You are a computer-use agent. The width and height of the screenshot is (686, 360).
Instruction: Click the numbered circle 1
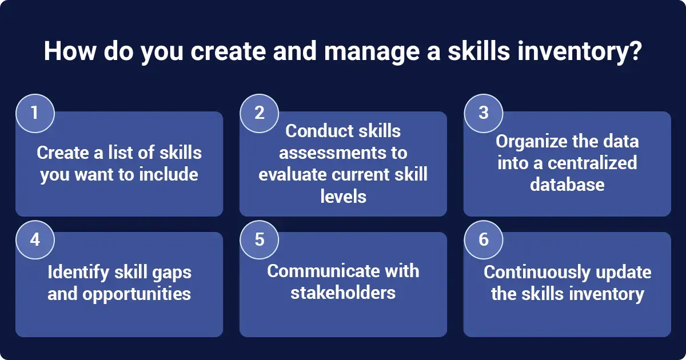35,113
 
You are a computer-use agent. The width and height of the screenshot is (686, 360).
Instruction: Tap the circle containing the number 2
259,113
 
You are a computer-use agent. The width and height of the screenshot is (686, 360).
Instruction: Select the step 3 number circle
483,113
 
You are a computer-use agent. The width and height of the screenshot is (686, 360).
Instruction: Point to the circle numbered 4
35,239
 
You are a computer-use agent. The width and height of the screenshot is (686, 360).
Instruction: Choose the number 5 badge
259,239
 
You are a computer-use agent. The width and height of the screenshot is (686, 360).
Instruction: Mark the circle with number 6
483,239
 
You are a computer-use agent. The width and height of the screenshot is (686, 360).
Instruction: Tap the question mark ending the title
635,51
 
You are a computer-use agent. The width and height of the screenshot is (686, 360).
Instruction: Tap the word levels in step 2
343,196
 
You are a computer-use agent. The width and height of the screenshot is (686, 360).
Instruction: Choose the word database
567,184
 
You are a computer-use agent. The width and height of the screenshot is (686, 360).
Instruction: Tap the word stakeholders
343,293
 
